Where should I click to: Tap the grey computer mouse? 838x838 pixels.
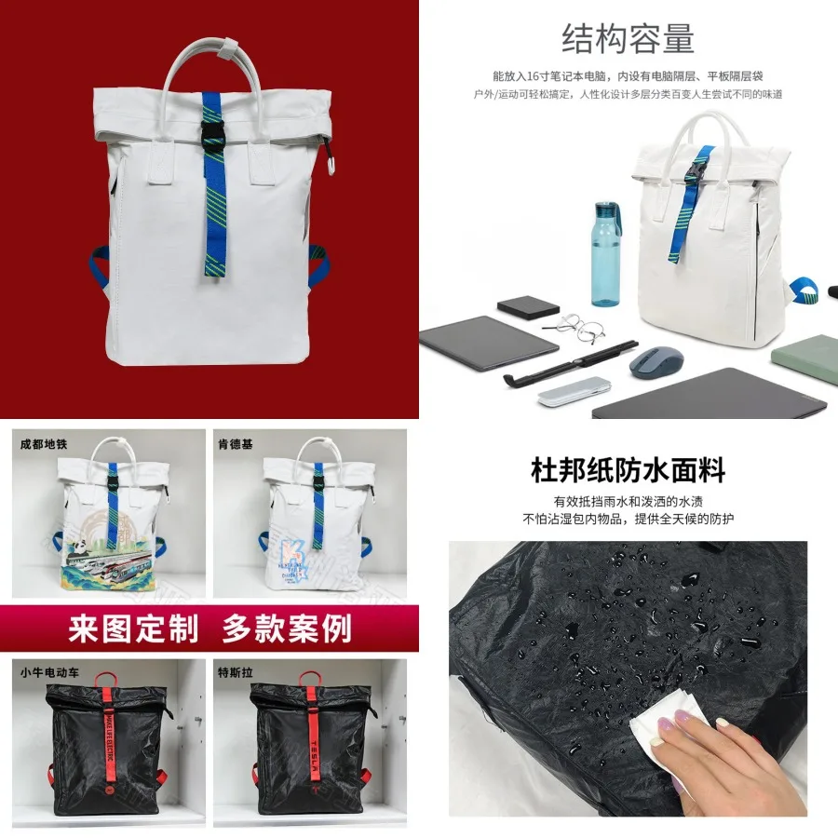click(x=657, y=363)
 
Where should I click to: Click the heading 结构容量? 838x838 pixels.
click(x=628, y=39)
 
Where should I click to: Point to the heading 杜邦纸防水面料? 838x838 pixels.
click(x=628, y=469)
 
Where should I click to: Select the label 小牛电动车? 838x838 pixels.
click(x=51, y=670)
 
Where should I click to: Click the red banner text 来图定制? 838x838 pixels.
click(x=133, y=628)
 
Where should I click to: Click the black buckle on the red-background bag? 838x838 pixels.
click(x=215, y=137)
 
